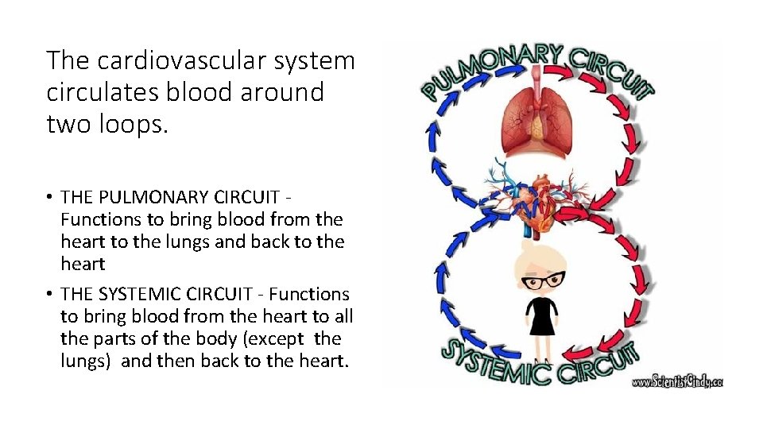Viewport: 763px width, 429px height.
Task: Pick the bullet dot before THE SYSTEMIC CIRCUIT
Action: coord(50,295)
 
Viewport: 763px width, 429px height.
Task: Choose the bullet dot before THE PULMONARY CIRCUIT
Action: coord(50,196)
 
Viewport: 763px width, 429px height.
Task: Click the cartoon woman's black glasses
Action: coord(543,280)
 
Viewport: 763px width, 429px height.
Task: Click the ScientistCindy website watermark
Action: coord(676,381)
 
